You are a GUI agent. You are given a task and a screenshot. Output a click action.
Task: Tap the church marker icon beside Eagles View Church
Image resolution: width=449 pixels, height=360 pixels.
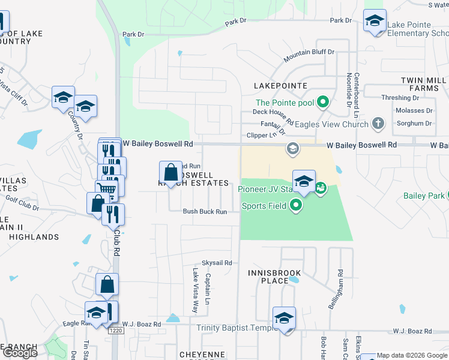click(378, 124)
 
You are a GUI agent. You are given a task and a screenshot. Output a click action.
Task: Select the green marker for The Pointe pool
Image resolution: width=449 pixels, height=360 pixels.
click(323, 102)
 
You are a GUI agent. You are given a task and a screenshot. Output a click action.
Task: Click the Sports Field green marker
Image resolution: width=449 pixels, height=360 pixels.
click(295, 206)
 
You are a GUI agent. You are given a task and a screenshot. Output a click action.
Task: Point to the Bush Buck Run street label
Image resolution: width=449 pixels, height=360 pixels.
click(205, 211)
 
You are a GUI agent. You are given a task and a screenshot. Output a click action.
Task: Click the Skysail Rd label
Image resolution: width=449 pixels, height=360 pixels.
click(216, 263)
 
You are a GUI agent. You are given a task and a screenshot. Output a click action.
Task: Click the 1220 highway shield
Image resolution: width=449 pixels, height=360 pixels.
click(116, 331)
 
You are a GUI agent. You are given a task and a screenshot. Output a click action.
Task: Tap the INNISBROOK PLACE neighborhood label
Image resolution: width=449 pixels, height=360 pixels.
click(277, 277)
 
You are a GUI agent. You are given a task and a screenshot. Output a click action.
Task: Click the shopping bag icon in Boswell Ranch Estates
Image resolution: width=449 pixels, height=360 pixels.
click(171, 172)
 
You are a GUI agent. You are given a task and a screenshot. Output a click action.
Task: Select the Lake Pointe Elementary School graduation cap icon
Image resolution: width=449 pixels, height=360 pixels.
click(375, 21)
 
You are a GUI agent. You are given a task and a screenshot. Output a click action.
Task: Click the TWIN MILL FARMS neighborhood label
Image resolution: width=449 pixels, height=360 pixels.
click(424, 84)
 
